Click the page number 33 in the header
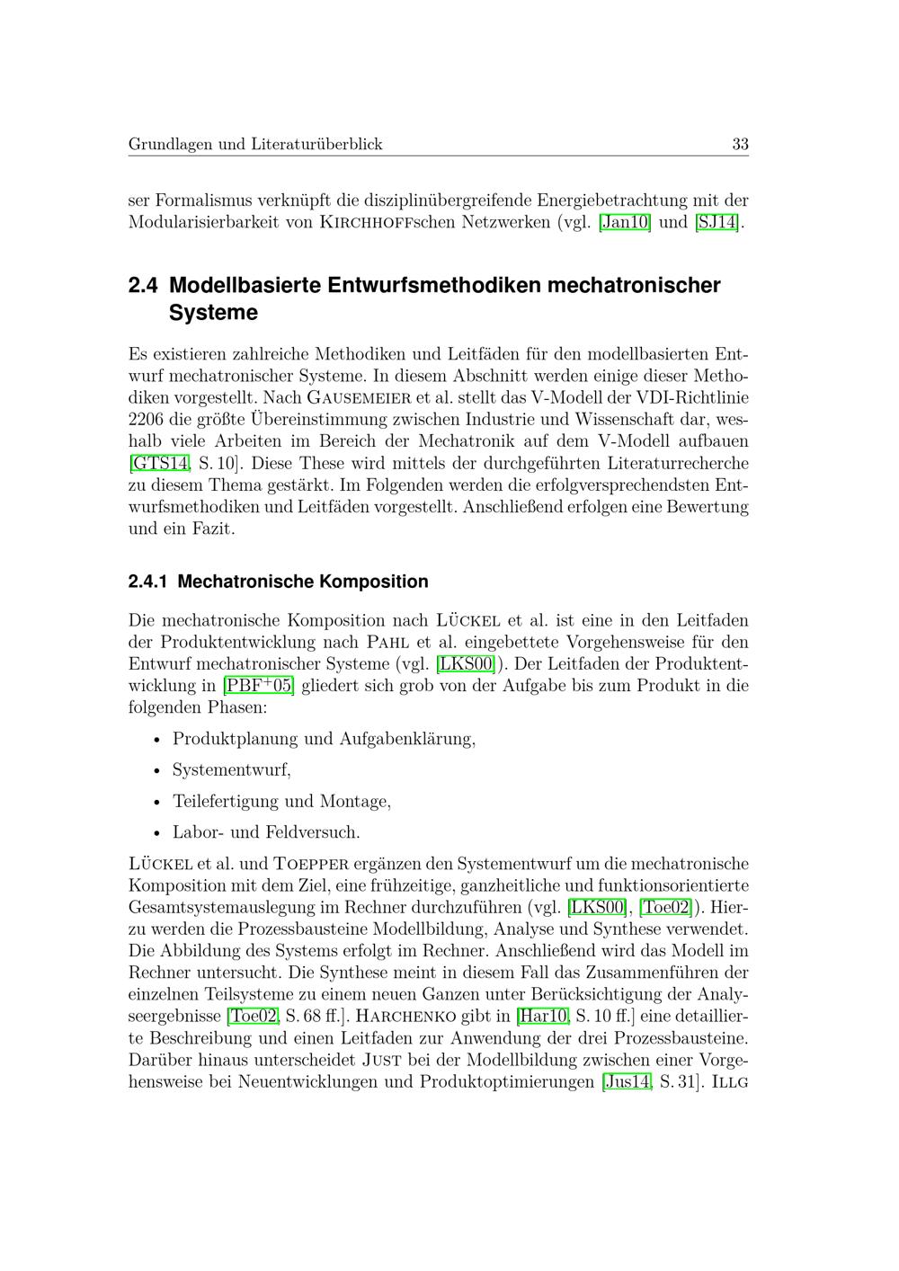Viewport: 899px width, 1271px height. [x=740, y=144]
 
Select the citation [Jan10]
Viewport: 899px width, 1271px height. [x=625, y=222]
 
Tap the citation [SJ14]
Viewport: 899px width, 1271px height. [x=717, y=222]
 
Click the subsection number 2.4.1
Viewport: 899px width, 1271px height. [x=148, y=582]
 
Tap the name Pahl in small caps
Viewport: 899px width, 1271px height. [x=388, y=643]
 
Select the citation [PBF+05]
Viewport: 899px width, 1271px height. [x=259, y=686]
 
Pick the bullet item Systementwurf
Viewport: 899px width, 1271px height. [x=231, y=770]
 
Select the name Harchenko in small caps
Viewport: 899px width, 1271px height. [x=398, y=1017]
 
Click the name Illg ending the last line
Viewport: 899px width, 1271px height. [x=729, y=1082]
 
